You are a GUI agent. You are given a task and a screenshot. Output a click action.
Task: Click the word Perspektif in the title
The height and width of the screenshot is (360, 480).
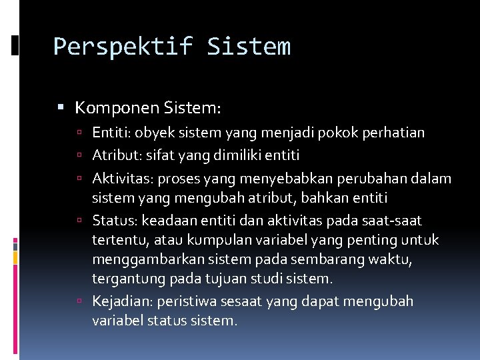click(122, 47)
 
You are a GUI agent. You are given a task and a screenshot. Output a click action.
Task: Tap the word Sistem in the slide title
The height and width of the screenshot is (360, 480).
click(249, 47)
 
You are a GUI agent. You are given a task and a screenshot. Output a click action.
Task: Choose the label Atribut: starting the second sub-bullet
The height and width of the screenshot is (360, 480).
click(116, 155)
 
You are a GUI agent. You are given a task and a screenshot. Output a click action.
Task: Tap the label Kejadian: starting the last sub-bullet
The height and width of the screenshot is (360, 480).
click(123, 301)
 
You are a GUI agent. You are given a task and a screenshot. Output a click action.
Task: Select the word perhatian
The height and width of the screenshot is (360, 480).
click(393, 133)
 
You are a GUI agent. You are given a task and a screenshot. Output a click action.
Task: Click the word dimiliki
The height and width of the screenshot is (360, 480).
click(239, 155)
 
